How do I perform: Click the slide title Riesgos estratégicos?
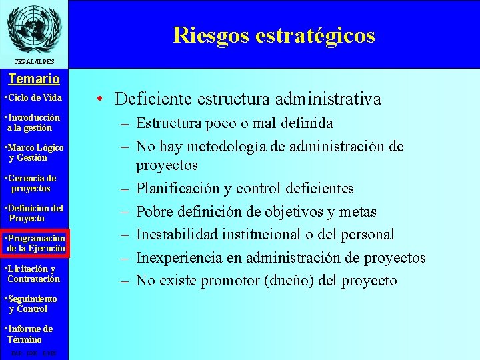274,35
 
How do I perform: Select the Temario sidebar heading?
33,79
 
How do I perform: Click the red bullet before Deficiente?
98,100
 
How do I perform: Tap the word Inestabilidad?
175,235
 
